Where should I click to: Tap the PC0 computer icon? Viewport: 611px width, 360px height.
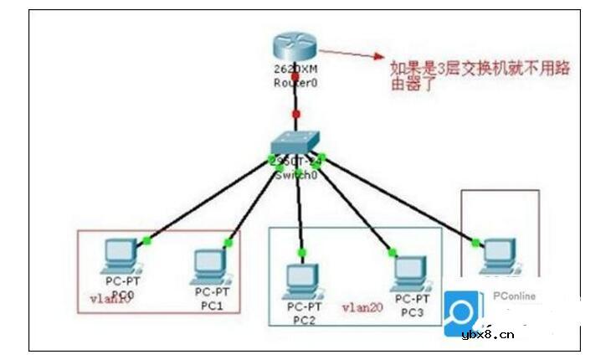[120, 255]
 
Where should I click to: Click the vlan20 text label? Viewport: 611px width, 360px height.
[362, 308]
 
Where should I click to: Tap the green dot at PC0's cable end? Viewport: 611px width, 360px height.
[146, 241]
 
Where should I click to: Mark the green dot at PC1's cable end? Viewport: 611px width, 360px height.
[227, 243]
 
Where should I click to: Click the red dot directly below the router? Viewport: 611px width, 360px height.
[295, 113]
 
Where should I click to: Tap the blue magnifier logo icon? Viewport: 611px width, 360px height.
[462, 312]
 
